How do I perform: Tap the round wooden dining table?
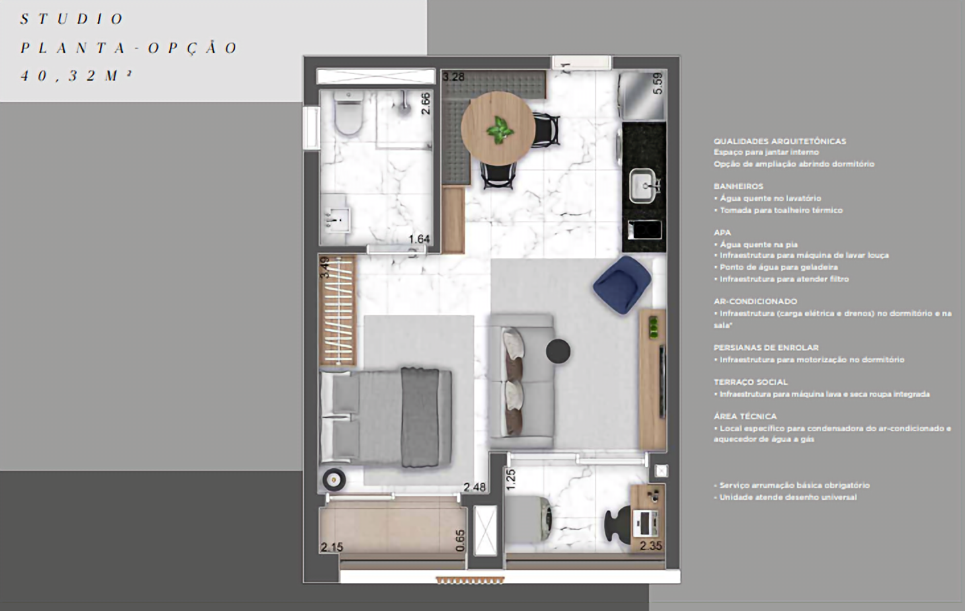(498, 128)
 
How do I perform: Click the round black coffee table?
(558, 351)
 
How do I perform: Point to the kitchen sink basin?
(642, 185)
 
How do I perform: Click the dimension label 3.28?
(453, 77)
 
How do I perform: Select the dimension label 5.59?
(657, 83)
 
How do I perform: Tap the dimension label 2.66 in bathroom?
(426, 103)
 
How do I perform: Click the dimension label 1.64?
(419, 239)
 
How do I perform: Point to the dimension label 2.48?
(474, 487)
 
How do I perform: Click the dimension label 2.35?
(650, 546)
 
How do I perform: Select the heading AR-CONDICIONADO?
(755, 302)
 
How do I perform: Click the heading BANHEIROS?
(738, 186)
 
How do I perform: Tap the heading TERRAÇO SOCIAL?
(750, 382)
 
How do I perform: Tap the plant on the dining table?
(499, 130)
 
